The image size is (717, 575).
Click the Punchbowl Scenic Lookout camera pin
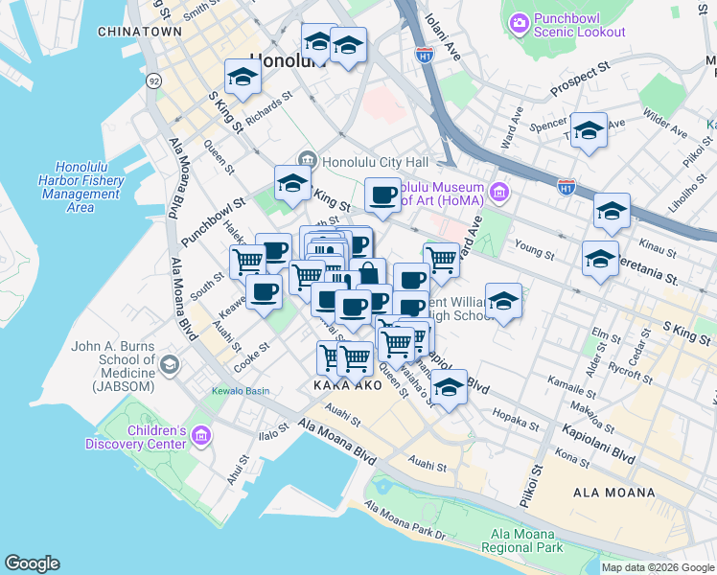[519, 21]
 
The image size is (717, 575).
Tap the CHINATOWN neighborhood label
[139, 32]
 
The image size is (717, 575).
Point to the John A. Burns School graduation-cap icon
[170, 364]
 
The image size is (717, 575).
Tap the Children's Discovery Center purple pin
[200, 437]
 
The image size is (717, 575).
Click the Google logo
[32, 563]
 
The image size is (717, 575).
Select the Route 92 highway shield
[153, 81]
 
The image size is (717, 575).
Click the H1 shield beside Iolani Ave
[423, 57]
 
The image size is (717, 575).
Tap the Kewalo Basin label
[241, 391]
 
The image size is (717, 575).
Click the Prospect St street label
[581, 81]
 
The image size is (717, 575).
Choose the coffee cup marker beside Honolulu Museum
[383, 195]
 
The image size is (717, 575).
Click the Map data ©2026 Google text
[657, 567]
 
